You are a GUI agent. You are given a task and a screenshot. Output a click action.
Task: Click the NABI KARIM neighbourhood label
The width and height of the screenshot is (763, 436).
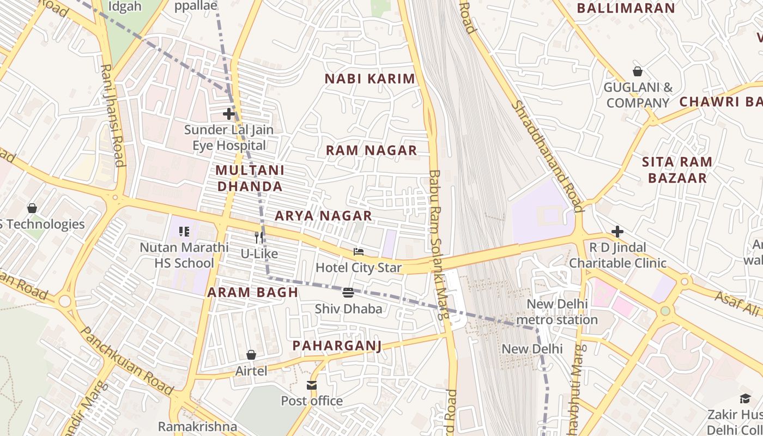pyautogui.click(x=370, y=79)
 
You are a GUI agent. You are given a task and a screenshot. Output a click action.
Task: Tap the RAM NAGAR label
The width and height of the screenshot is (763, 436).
pyautogui.click(x=372, y=150)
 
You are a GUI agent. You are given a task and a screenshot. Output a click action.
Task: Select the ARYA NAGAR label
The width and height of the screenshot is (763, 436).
pyautogui.click(x=323, y=216)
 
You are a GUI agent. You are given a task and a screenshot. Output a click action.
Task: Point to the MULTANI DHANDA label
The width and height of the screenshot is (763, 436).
pyautogui.click(x=250, y=178)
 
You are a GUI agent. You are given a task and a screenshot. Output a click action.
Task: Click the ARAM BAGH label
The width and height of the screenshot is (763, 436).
pyautogui.click(x=253, y=293)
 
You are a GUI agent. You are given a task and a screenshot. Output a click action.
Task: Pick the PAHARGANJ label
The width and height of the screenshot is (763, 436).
pyautogui.click(x=337, y=346)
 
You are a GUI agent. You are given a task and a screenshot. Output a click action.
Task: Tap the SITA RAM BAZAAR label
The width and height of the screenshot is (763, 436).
pyautogui.click(x=677, y=170)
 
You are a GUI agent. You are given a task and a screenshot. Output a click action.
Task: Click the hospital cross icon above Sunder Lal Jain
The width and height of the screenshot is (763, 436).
pyautogui.click(x=229, y=114)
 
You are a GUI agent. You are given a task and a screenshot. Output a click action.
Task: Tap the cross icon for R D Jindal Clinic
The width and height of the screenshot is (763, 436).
pyautogui.click(x=617, y=232)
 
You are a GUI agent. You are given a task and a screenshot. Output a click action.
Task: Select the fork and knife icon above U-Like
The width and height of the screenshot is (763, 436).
pyautogui.click(x=259, y=238)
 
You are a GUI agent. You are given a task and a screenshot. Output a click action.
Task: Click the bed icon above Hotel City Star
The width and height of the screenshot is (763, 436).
pyautogui.click(x=359, y=252)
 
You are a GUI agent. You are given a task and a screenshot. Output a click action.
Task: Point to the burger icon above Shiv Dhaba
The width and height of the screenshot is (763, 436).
pyautogui.click(x=349, y=293)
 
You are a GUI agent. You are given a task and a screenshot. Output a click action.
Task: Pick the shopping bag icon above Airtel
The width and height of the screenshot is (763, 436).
pyautogui.click(x=251, y=355)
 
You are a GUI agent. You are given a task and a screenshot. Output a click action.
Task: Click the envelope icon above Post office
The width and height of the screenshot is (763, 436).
pyautogui.click(x=312, y=385)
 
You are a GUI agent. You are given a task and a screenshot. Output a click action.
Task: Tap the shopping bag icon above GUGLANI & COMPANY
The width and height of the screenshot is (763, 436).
pyautogui.click(x=637, y=71)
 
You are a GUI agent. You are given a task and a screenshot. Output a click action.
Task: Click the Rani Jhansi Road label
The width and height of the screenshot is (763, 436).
pyautogui.click(x=112, y=116)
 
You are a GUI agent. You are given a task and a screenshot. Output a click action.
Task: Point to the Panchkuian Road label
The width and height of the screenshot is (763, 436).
pyautogui.click(x=126, y=360)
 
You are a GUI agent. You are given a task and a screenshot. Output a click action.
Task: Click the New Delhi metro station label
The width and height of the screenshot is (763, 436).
pyautogui.click(x=556, y=312)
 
